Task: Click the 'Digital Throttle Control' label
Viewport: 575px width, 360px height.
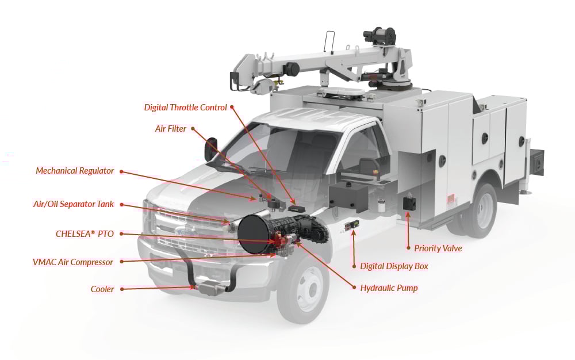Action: [185, 108]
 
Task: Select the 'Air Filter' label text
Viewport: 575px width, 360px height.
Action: [171, 129]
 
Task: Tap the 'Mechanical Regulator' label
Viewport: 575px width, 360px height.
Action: [75, 171]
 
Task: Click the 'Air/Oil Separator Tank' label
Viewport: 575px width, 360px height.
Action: [74, 204]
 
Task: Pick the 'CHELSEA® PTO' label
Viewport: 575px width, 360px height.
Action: [85, 234]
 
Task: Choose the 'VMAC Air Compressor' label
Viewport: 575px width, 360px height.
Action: [73, 262]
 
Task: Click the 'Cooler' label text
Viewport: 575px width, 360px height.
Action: [102, 289]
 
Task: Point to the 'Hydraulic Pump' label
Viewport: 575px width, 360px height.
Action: [389, 288]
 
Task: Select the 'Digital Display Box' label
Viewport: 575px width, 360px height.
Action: [394, 266]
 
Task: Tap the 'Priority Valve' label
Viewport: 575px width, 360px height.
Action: [438, 248]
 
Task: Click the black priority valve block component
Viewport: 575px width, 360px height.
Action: [409, 202]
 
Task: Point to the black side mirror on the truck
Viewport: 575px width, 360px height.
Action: [210, 149]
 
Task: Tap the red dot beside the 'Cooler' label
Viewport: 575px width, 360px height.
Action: [121, 289]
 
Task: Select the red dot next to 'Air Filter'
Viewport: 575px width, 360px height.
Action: [193, 129]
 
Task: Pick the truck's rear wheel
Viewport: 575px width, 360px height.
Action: [479, 210]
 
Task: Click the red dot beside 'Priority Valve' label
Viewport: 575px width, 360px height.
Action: [408, 248]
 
